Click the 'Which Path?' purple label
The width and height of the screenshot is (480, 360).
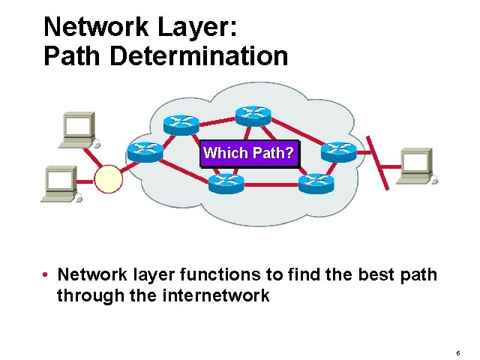tap(250, 153)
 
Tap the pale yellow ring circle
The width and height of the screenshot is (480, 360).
tap(109, 179)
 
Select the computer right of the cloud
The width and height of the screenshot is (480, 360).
tap(417, 165)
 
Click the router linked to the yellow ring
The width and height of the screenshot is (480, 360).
tap(144, 151)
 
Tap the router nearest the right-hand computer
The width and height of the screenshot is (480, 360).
tap(338, 152)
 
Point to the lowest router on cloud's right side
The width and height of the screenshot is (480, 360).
tap(316, 183)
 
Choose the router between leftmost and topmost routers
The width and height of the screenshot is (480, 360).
tap(181, 124)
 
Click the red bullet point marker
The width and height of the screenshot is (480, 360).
tap(46, 275)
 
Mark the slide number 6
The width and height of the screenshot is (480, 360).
tap(457, 352)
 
